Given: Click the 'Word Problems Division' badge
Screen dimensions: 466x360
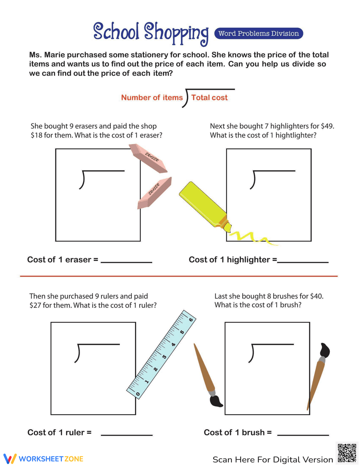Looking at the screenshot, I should pyautogui.click(x=258, y=33).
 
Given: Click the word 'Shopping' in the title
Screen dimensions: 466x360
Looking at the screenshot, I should pyautogui.click(x=176, y=33).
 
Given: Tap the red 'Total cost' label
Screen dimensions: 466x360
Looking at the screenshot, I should pyautogui.click(x=209, y=98).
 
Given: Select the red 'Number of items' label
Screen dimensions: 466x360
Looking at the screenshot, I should pyautogui.click(x=152, y=98).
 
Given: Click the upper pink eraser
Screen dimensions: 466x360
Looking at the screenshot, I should pyautogui.click(x=148, y=158).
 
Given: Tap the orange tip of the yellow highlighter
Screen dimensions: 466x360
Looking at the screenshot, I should pyautogui.click(x=225, y=224).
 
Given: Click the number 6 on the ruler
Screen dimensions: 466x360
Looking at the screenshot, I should pyautogui.click(x=190, y=319).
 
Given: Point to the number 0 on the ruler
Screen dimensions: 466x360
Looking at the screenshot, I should pyautogui.click(x=138, y=394).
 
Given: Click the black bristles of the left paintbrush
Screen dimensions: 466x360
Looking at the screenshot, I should pyautogui.click(x=216, y=401).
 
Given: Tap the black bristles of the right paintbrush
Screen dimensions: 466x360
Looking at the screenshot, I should pyautogui.click(x=325, y=350).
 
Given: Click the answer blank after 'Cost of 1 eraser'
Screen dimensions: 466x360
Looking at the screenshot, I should pyautogui.click(x=126, y=261).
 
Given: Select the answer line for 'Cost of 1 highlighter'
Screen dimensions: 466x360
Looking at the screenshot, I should pyautogui.click(x=303, y=261).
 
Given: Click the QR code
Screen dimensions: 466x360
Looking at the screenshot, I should pyautogui.click(x=347, y=453).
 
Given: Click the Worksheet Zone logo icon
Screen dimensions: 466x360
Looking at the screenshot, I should pyautogui.click(x=10, y=459).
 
